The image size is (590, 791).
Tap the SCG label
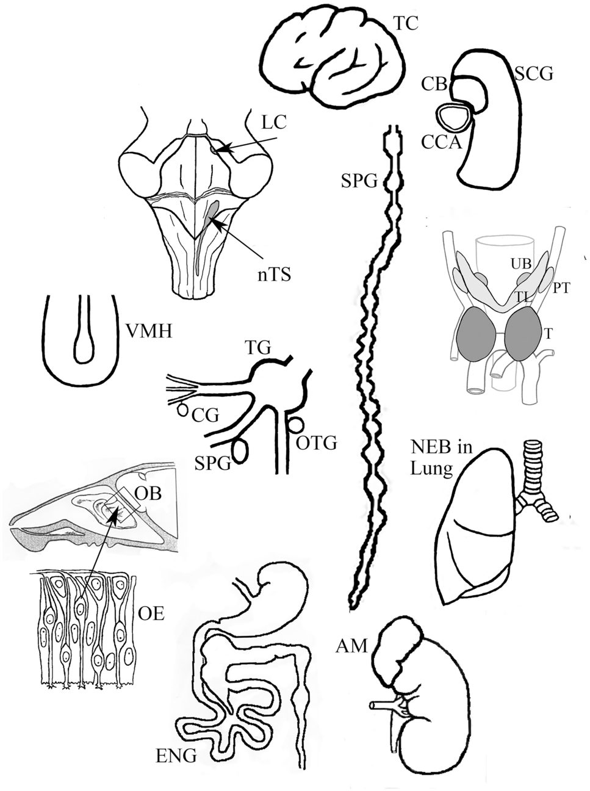(533, 74)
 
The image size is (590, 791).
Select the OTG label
(316, 443)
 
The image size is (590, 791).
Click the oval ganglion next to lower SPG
(241, 451)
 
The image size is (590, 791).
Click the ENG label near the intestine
(176, 757)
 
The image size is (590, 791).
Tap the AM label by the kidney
(351, 646)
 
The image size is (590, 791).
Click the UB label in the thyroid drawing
(520, 263)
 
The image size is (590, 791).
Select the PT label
(561, 287)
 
